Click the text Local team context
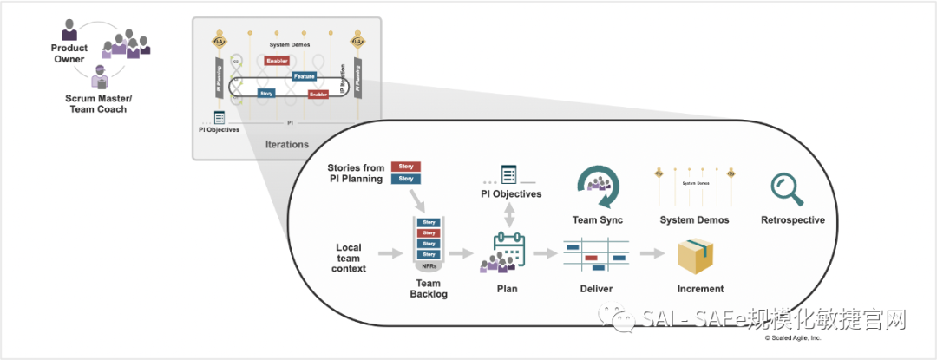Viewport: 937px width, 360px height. click(x=351, y=258)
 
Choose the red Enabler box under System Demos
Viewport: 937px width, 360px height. click(x=278, y=61)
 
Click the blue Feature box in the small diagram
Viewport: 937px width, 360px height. click(x=304, y=76)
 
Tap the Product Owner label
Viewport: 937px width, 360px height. click(x=69, y=54)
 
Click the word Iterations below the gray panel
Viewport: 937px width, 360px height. click(x=286, y=144)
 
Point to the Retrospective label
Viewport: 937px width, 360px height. click(x=792, y=220)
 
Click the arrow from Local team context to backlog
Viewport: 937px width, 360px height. click(x=391, y=253)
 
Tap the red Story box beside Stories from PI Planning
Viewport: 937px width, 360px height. click(x=406, y=166)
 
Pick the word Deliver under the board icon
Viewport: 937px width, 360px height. click(x=596, y=288)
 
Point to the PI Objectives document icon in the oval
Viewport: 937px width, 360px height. click(x=509, y=174)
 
